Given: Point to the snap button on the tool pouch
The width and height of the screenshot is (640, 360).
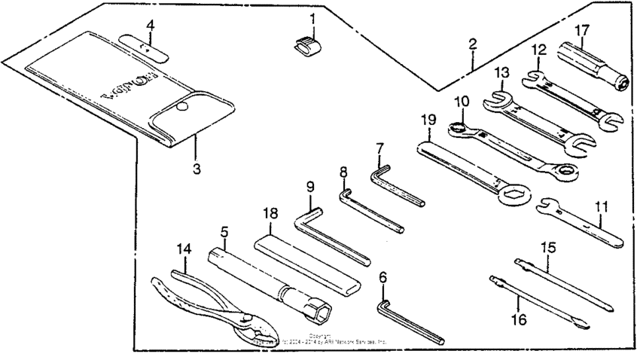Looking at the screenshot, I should pyautogui.click(x=181, y=110).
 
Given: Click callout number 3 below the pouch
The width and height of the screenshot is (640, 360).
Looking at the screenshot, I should pyautogui.click(x=197, y=169).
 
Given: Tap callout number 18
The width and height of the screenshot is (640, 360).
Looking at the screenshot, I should pyautogui.click(x=269, y=213).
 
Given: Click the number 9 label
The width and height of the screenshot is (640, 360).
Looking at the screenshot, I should pyautogui.click(x=309, y=185).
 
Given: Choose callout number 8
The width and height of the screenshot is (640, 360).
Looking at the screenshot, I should pyautogui.click(x=343, y=172).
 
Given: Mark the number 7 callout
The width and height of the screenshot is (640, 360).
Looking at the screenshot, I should pyautogui.click(x=380, y=148).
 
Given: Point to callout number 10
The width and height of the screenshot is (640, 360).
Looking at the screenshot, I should pyautogui.click(x=461, y=101).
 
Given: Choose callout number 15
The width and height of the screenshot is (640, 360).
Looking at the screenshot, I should pyautogui.click(x=549, y=246).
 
